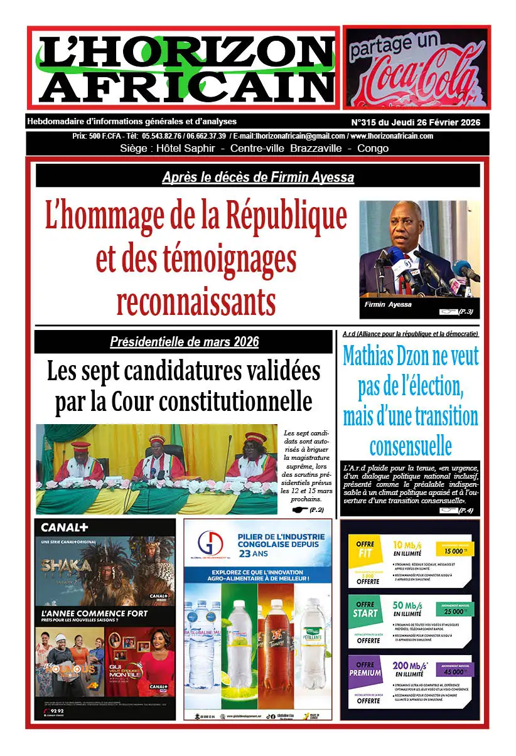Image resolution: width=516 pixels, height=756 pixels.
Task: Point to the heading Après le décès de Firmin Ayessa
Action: tap(258, 178)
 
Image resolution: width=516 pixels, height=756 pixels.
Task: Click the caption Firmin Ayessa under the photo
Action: tap(388, 304)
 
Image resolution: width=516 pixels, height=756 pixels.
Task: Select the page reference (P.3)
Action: tap(466, 312)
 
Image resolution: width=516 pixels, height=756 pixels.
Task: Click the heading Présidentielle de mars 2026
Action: tap(184, 342)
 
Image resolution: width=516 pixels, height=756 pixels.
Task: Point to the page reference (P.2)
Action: tap(316, 510)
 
